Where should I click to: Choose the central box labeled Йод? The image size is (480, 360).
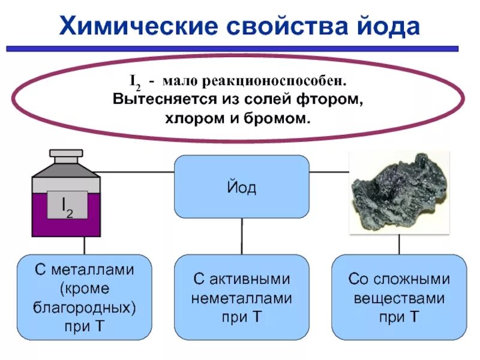242,187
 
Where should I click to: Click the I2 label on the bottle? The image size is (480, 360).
66,205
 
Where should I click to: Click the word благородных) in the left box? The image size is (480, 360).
85,308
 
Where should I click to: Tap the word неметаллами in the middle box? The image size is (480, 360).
242,298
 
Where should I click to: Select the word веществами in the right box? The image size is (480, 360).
399,298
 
